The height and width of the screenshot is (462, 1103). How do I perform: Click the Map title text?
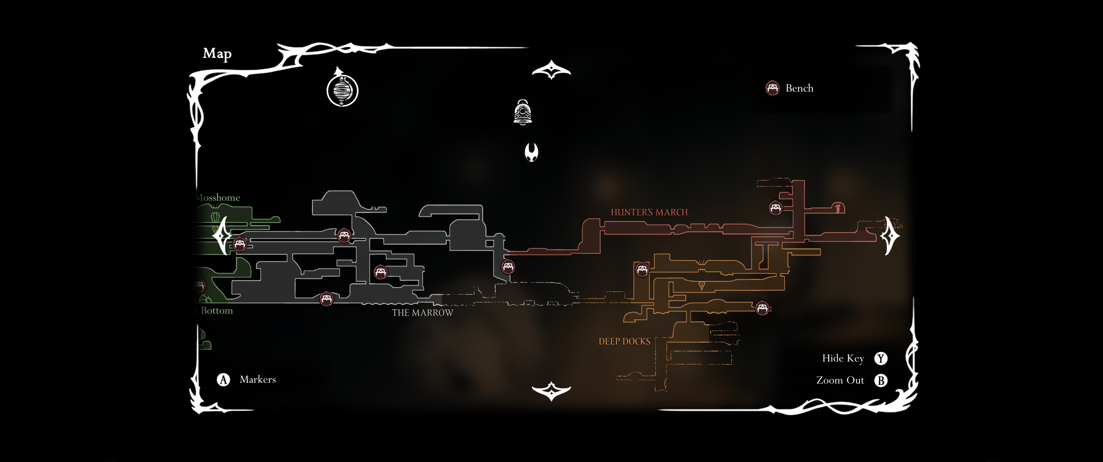(217, 54)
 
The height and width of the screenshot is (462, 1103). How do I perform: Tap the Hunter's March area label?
(649, 212)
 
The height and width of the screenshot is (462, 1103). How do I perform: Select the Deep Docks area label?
(624, 341)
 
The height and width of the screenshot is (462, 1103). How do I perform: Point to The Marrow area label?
(422, 313)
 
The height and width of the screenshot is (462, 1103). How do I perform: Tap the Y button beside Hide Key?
(880, 358)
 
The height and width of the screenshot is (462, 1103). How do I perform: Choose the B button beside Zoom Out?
(880, 381)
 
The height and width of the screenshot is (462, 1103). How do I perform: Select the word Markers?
(257, 379)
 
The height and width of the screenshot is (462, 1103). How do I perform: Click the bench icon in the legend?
(772, 88)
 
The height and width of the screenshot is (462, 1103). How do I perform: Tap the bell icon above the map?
(522, 112)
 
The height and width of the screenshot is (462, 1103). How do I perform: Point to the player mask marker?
(531, 152)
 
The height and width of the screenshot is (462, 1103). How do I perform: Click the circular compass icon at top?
(342, 90)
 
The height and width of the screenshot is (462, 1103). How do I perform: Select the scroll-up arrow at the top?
(551, 70)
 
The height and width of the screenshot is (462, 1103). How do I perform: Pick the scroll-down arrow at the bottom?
(551, 391)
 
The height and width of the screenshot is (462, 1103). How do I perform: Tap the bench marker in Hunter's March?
(775, 208)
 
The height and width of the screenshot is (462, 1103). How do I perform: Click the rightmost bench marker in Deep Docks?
(762, 308)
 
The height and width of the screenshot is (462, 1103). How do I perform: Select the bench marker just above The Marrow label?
(326, 298)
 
